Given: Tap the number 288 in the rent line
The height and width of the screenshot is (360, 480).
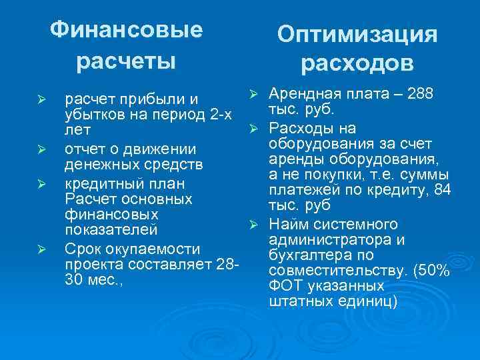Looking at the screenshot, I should tap(421, 93).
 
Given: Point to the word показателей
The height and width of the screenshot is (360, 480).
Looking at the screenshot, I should tap(111, 230).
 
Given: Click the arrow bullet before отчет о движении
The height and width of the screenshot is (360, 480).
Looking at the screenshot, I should tap(41, 148).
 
